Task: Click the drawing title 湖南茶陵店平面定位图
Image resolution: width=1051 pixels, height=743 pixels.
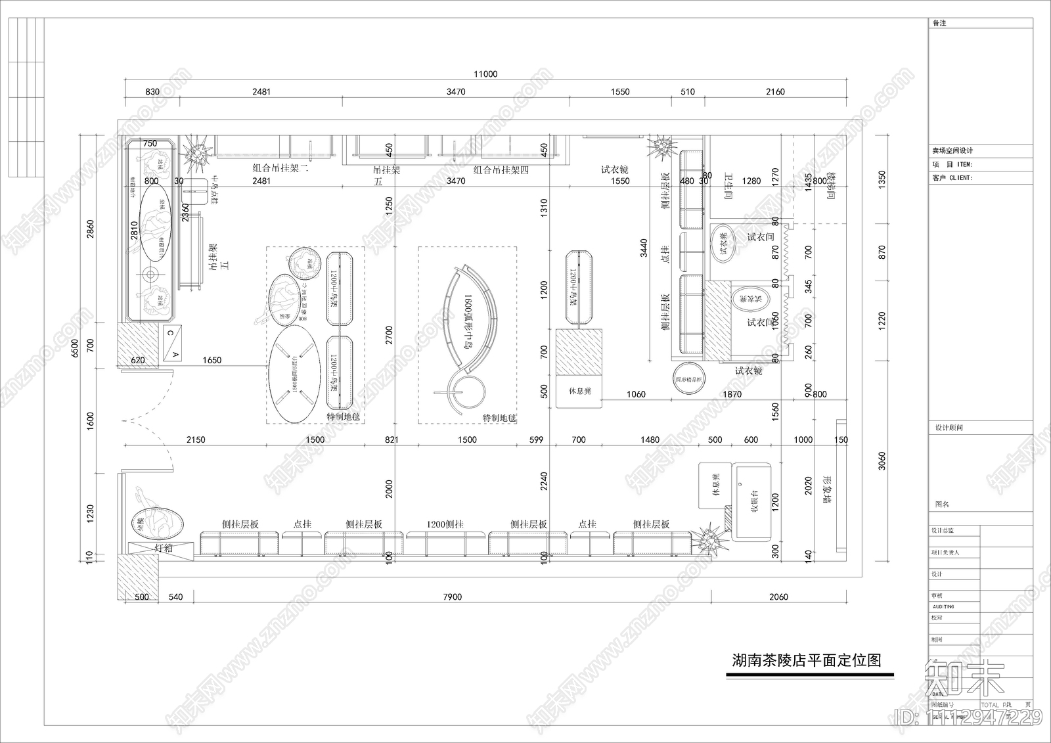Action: [x=807, y=660]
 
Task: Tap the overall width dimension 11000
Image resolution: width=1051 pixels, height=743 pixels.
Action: [x=485, y=74]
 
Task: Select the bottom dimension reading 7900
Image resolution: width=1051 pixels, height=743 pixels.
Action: [x=453, y=597]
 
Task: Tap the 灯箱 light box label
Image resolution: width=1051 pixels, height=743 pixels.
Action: [x=164, y=547]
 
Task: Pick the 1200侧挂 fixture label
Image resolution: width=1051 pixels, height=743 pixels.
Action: [x=445, y=524]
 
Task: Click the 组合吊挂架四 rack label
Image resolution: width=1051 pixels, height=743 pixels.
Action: [x=501, y=169]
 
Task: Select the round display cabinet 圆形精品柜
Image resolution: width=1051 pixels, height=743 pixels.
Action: [x=688, y=378]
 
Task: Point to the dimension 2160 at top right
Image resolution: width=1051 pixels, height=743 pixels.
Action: [x=775, y=92]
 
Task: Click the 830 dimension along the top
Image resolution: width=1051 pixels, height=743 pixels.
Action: [x=152, y=92]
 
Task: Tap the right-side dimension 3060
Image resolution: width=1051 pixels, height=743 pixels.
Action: [x=882, y=461]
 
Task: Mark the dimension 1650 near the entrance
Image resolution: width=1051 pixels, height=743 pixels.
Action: [x=212, y=360]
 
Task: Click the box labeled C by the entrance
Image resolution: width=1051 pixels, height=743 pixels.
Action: [x=169, y=333]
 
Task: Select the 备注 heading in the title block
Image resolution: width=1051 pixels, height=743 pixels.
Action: [x=939, y=23]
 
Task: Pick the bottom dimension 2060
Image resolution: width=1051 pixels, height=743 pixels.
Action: [x=778, y=597]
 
